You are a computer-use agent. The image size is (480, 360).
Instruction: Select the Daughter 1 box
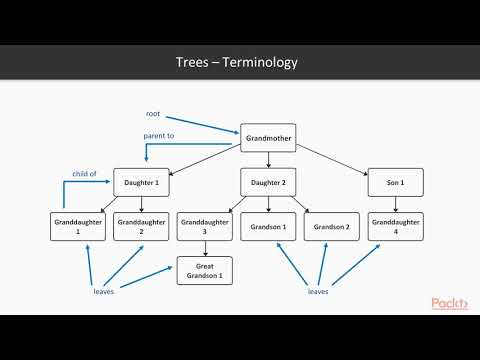point(141,183)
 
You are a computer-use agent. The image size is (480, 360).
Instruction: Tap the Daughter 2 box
point(268,183)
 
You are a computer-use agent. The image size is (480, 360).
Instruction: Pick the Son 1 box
point(395,183)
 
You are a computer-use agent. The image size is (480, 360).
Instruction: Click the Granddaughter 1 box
point(78,227)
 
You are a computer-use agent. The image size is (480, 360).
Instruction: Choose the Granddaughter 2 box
point(141,227)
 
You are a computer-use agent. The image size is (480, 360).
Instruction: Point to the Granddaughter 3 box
point(205,227)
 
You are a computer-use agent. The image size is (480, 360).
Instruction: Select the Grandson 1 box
point(268,227)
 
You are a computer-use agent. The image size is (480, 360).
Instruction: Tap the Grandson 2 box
point(332,227)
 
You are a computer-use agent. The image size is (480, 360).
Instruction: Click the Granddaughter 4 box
point(395,227)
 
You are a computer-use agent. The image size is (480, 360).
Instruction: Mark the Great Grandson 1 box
point(205,270)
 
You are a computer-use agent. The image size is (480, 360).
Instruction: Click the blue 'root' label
point(154,114)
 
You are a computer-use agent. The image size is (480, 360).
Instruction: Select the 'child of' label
point(84,173)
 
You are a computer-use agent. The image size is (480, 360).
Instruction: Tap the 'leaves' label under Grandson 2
point(319,293)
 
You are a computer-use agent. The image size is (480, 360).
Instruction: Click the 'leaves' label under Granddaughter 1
point(104,293)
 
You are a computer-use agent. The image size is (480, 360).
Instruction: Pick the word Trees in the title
point(193,62)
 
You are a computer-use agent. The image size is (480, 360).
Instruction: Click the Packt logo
point(449,303)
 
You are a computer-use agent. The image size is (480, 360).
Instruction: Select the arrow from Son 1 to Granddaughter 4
point(395,204)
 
